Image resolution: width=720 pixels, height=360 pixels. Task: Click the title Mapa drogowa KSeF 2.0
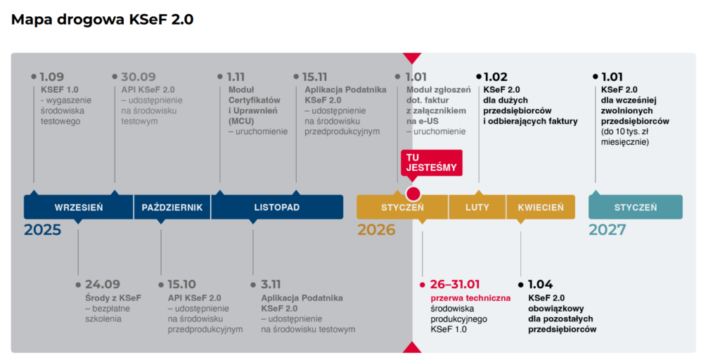pos(102,20)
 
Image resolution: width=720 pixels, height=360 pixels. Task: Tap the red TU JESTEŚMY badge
pos(432,162)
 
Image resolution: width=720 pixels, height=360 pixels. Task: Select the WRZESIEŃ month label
pos(79,207)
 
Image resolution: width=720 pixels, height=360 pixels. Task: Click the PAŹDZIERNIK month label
pos(172,207)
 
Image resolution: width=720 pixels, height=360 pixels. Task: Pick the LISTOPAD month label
pos(276,207)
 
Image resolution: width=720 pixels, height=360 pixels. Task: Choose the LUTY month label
pos(477,207)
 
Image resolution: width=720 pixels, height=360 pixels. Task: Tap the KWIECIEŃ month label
pos(540,207)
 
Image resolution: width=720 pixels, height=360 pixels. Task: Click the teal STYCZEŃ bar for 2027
pos(635,207)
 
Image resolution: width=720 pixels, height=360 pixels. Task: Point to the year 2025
pos(42,230)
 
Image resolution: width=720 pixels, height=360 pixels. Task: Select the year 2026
pos(376,230)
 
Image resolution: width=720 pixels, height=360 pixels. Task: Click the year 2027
pos(607,230)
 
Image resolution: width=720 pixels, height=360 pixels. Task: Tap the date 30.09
pos(138,77)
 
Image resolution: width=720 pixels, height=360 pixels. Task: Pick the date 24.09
pos(102,285)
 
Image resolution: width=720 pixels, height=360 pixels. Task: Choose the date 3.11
pos(271,285)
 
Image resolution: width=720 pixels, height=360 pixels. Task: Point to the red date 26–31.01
pos(455,285)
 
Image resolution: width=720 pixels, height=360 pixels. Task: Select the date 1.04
pos(540,285)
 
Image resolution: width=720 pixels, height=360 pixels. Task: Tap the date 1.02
pos(496,77)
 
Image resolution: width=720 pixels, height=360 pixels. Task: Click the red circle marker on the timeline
pos(413,194)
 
